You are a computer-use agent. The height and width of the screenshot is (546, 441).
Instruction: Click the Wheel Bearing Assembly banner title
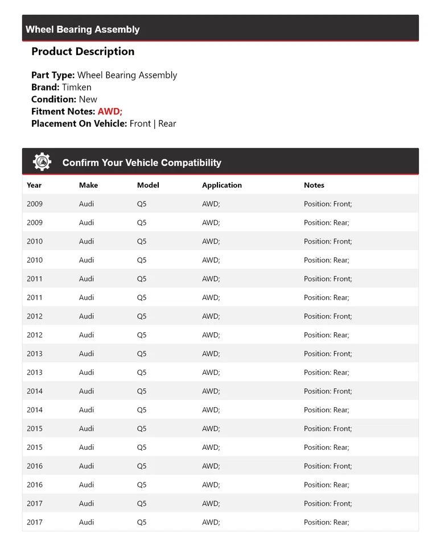(x=83, y=30)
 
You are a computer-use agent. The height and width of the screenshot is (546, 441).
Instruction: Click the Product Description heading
(x=83, y=51)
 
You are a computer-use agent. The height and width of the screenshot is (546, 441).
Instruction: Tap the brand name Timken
(x=76, y=87)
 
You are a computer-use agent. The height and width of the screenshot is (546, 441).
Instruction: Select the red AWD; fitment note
(x=110, y=111)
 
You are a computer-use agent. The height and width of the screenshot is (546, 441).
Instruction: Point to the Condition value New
(x=88, y=99)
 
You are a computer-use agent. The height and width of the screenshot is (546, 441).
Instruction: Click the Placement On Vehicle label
(x=79, y=123)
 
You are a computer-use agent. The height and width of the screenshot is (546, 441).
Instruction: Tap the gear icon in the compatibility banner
(x=42, y=162)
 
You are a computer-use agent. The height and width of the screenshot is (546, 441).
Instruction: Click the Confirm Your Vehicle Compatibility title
(x=142, y=163)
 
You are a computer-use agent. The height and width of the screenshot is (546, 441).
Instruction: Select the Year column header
(x=34, y=185)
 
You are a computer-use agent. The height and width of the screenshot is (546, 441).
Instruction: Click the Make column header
(x=88, y=185)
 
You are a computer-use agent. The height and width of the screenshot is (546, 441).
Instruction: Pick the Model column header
(x=148, y=185)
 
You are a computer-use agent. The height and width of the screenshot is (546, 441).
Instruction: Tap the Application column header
(x=222, y=185)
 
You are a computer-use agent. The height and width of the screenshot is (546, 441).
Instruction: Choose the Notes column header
(x=314, y=185)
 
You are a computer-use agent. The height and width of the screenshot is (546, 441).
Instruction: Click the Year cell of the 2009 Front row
(x=35, y=204)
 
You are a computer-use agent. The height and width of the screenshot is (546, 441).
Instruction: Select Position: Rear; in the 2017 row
(x=327, y=522)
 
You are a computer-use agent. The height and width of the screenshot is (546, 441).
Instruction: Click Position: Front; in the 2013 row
(x=328, y=354)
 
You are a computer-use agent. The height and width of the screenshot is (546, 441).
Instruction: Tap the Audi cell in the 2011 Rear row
(x=86, y=297)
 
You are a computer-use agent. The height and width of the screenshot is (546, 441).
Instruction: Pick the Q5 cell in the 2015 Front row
(x=142, y=429)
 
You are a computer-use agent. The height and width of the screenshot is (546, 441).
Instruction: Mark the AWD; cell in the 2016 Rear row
(x=211, y=485)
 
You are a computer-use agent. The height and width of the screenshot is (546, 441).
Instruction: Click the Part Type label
(x=53, y=75)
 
